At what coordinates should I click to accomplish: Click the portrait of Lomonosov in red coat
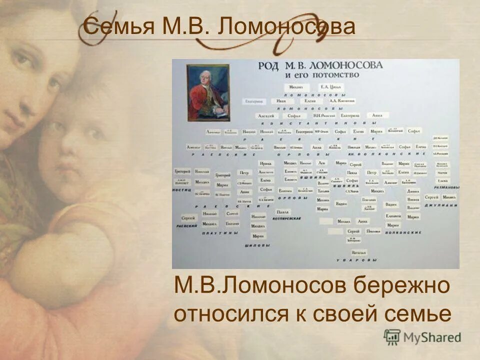click(208, 92)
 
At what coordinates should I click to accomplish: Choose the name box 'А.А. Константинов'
click(342, 101)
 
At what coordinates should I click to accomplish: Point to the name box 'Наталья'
click(358, 252)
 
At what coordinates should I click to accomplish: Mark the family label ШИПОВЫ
click(258, 245)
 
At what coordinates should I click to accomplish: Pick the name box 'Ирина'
click(265, 163)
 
